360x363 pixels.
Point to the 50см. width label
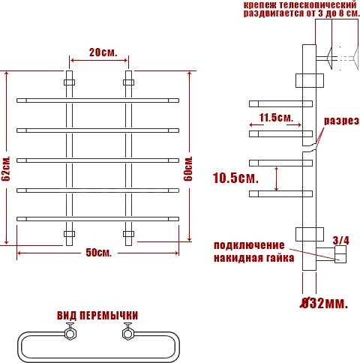point(98,253)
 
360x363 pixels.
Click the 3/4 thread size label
point(340,240)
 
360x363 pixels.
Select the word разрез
point(341,121)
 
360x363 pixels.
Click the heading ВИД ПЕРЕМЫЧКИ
point(97,315)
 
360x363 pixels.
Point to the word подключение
point(249,245)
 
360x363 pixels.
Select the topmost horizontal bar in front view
point(98,99)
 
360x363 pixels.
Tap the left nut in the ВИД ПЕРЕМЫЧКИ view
point(72,331)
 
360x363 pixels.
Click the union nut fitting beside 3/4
point(339,256)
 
